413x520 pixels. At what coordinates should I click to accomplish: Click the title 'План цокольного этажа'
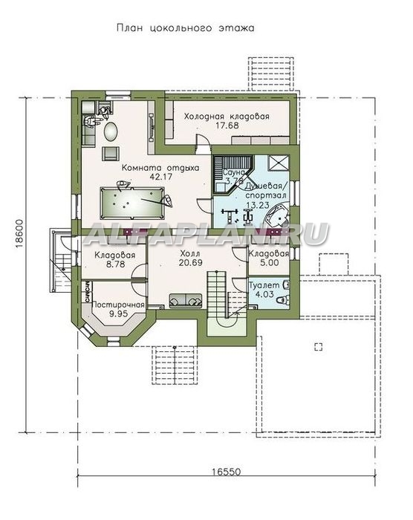click(x=186, y=28)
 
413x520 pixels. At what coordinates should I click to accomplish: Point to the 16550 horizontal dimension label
click(x=227, y=472)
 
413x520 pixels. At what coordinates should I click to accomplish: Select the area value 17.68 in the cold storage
click(x=227, y=126)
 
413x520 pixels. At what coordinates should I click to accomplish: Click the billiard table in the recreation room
click(x=132, y=203)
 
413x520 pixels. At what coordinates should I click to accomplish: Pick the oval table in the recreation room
click(x=111, y=132)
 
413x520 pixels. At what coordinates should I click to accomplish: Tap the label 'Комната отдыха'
click(x=160, y=168)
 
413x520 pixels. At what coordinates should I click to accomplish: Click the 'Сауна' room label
click(x=233, y=173)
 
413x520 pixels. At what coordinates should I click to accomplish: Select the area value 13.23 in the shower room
click(x=257, y=205)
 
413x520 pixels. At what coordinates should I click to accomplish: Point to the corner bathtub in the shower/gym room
click(x=277, y=217)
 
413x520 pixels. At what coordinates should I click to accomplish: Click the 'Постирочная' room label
click(x=118, y=305)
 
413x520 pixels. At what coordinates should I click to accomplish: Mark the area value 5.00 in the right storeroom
click(x=269, y=263)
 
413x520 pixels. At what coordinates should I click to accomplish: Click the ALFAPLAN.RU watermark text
click(x=206, y=234)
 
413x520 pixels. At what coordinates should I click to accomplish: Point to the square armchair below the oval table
click(x=111, y=152)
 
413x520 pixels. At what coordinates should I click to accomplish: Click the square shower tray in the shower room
click(x=279, y=163)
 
